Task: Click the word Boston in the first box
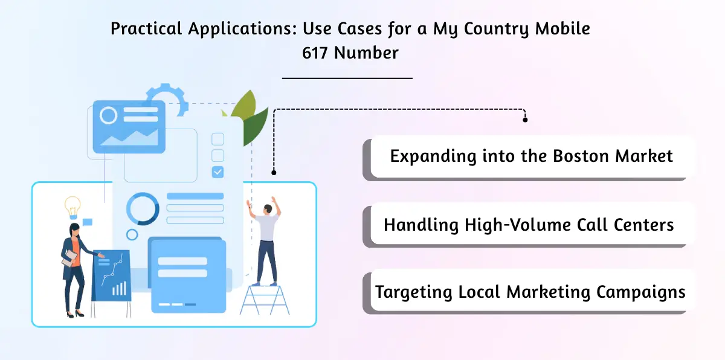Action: tap(581, 156)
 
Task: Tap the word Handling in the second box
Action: tap(422, 225)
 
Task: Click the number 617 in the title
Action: tap(316, 53)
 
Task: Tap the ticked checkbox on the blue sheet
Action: tap(217, 172)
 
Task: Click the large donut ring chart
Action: tap(143, 209)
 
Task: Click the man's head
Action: tap(268, 210)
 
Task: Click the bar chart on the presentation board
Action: tap(120, 289)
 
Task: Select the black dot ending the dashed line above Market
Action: tap(525, 120)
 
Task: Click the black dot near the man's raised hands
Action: tap(274, 172)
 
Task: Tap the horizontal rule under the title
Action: tap(347, 78)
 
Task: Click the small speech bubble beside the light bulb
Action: tap(87, 222)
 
